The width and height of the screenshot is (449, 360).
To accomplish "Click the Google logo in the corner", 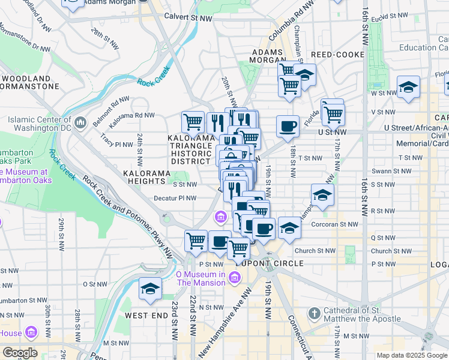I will (20, 353).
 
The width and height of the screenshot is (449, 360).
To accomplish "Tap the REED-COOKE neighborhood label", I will (337, 55).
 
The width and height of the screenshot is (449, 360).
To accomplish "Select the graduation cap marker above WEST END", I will (150, 289).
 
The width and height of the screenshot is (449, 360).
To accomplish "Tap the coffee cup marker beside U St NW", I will (288, 126).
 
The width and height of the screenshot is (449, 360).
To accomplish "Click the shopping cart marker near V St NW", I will (333, 112).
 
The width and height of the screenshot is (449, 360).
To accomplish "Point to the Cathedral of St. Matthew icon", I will (314, 313).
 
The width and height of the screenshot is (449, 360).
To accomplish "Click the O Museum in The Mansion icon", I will (235, 277).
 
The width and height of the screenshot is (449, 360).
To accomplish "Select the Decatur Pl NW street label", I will (176, 198).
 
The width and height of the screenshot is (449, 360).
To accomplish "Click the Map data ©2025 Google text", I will (411, 355).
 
